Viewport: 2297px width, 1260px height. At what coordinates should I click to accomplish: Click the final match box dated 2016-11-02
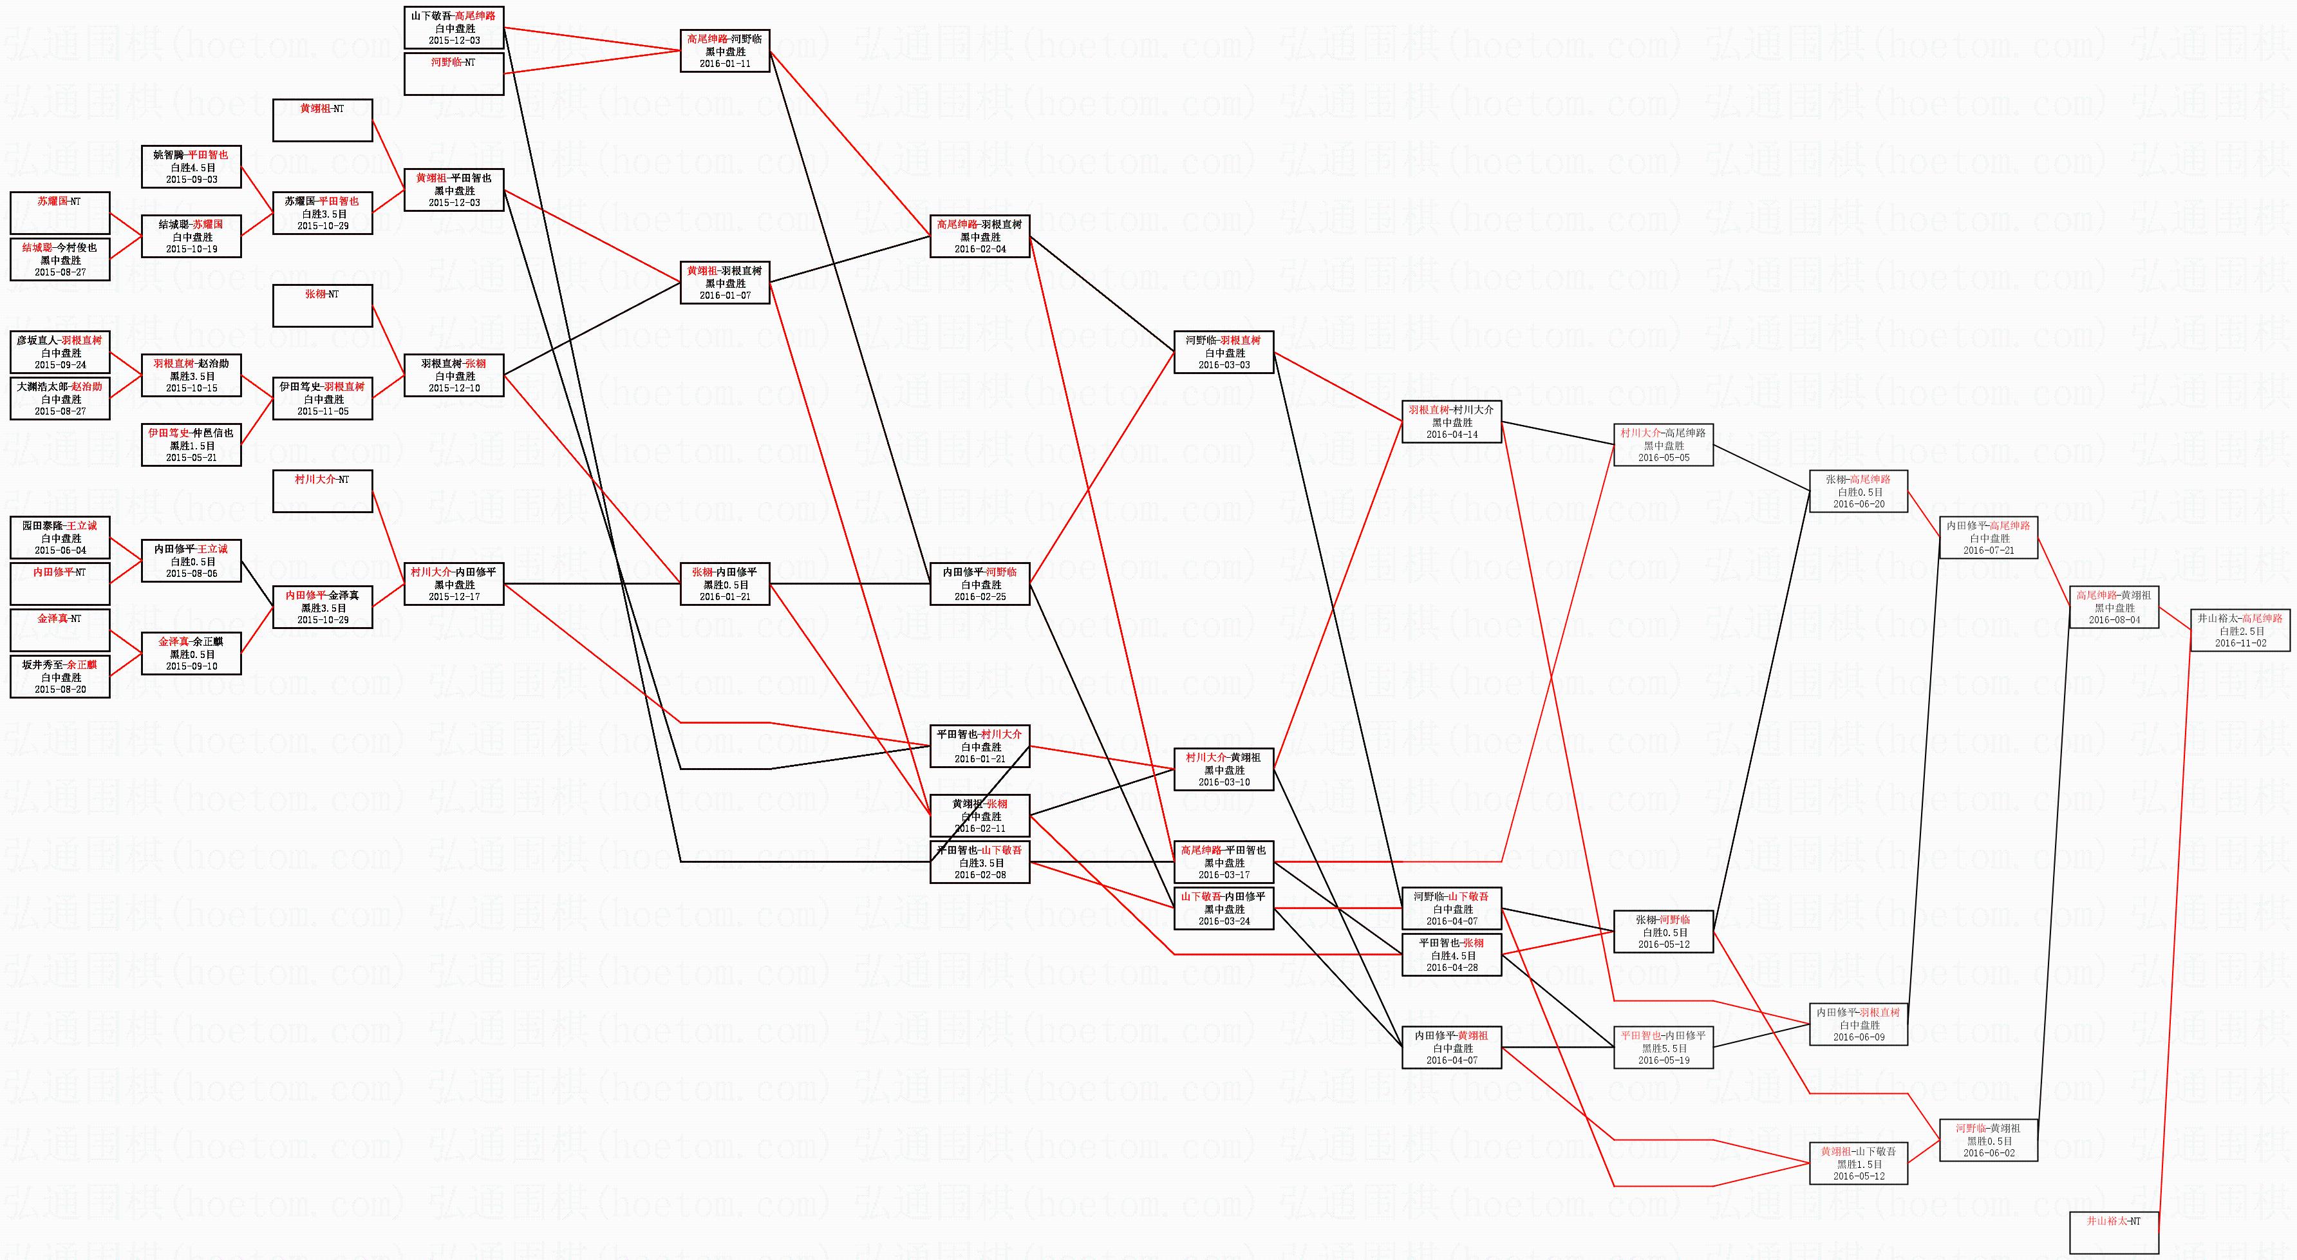click(2239, 630)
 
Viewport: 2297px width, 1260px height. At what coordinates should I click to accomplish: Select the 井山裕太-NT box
click(2114, 1232)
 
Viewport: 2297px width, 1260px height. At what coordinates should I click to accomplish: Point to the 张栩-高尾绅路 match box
click(1859, 491)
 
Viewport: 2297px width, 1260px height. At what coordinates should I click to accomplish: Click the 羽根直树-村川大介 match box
click(1452, 422)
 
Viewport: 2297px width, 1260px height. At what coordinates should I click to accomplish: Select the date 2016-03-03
click(1223, 364)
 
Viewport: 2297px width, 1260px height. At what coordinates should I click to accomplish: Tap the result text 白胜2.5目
click(2239, 630)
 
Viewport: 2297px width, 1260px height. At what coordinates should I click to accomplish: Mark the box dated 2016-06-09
click(1859, 1024)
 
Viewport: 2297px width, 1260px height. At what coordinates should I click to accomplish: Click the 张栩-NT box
click(322, 306)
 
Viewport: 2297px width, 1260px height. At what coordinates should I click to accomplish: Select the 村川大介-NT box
click(322, 491)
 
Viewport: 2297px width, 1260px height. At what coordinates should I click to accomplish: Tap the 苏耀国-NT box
click(60, 213)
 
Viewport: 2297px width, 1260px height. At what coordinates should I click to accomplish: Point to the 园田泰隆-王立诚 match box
click(60, 538)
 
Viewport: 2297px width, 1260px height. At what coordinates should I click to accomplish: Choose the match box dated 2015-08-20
click(60, 677)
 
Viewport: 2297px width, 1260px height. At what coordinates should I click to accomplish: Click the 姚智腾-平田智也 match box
click(191, 167)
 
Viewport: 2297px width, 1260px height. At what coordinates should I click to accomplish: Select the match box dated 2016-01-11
click(724, 51)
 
